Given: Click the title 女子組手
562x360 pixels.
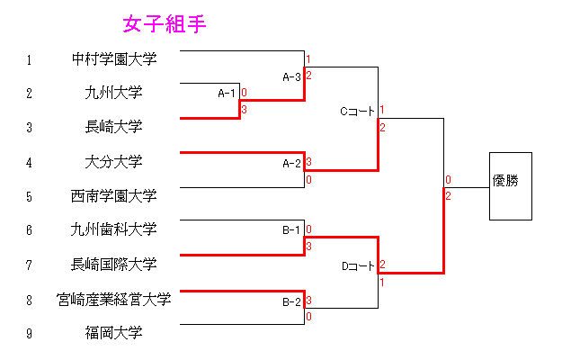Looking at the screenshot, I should click(x=165, y=24).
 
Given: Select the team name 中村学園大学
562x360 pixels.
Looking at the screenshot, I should click(x=114, y=60).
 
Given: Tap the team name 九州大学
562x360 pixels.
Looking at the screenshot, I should click(x=114, y=93).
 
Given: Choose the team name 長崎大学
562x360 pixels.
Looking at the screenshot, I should click(x=114, y=127).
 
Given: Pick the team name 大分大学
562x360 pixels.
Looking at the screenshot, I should click(x=114, y=162).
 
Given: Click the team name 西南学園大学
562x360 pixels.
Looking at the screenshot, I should click(x=114, y=195).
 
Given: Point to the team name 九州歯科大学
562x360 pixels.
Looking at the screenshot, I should click(x=114, y=229).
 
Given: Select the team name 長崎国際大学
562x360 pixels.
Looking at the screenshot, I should click(x=114, y=264).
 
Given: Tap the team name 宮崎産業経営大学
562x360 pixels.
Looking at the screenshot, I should click(x=114, y=299).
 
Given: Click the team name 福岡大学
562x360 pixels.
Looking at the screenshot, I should click(x=114, y=333).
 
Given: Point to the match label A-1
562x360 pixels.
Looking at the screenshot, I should click(x=227, y=93).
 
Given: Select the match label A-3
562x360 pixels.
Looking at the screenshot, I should click(x=291, y=76).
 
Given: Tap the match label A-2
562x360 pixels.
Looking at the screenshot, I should click(x=291, y=163).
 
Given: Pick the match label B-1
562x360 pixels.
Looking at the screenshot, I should click(x=291, y=230).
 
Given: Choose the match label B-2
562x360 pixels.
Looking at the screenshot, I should click(x=291, y=301).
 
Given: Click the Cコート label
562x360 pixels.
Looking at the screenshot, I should click(x=357, y=112).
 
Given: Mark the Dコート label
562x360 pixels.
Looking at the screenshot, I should click(x=357, y=265).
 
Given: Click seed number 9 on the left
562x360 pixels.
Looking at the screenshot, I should click(x=29, y=334).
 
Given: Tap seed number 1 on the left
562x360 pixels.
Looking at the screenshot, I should click(x=29, y=60).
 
